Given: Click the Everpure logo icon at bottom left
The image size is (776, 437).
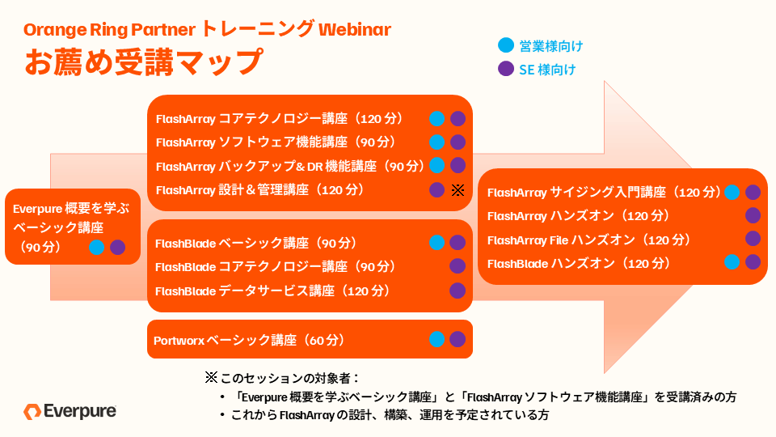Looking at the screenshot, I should tap(32, 411).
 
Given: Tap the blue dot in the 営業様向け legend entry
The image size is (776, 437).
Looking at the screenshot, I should tap(506, 45).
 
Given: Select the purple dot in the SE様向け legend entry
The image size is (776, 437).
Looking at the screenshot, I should tap(506, 69).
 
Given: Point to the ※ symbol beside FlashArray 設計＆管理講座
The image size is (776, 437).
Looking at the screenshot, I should tap(458, 190).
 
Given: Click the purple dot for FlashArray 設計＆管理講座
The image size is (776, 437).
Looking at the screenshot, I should tap(437, 190).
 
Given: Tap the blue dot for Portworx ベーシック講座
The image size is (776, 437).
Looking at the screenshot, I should tap(437, 340).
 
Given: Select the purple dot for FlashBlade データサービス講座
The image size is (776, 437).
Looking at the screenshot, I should tap(458, 291).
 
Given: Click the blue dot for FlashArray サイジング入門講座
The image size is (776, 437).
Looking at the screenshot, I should tap(732, 193).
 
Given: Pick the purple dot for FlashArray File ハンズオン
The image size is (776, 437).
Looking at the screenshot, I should tap(753, 239).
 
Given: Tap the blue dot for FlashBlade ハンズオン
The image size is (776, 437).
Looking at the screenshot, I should tap(732, 262).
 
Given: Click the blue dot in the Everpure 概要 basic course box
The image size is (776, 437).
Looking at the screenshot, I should tap(97, 248).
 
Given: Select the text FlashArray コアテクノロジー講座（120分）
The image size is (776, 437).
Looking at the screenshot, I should tap(287, 119).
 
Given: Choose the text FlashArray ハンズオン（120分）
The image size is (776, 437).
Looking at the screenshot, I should tap(579, 216).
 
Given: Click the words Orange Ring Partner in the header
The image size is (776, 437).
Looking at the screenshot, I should tap(109, 30).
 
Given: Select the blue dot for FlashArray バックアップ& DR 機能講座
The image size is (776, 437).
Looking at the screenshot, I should tap(437, 166).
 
